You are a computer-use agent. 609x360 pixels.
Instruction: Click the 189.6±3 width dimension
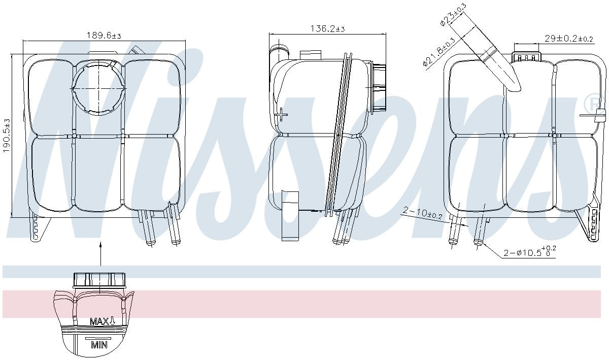click(104, 36)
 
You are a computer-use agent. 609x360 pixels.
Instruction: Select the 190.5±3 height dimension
click(6, 136)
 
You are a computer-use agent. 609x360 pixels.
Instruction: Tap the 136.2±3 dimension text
click(327, 29)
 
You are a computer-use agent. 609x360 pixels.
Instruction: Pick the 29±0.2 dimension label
click(569, 39)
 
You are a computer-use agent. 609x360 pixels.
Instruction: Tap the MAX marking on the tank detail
click(103, 321)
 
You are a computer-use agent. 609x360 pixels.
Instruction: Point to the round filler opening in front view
click(98, 88)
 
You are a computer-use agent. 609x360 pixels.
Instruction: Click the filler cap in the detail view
click(99, 280)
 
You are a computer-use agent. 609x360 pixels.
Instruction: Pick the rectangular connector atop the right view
click(526, 56)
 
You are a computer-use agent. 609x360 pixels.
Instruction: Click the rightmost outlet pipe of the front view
click(175, 226)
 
